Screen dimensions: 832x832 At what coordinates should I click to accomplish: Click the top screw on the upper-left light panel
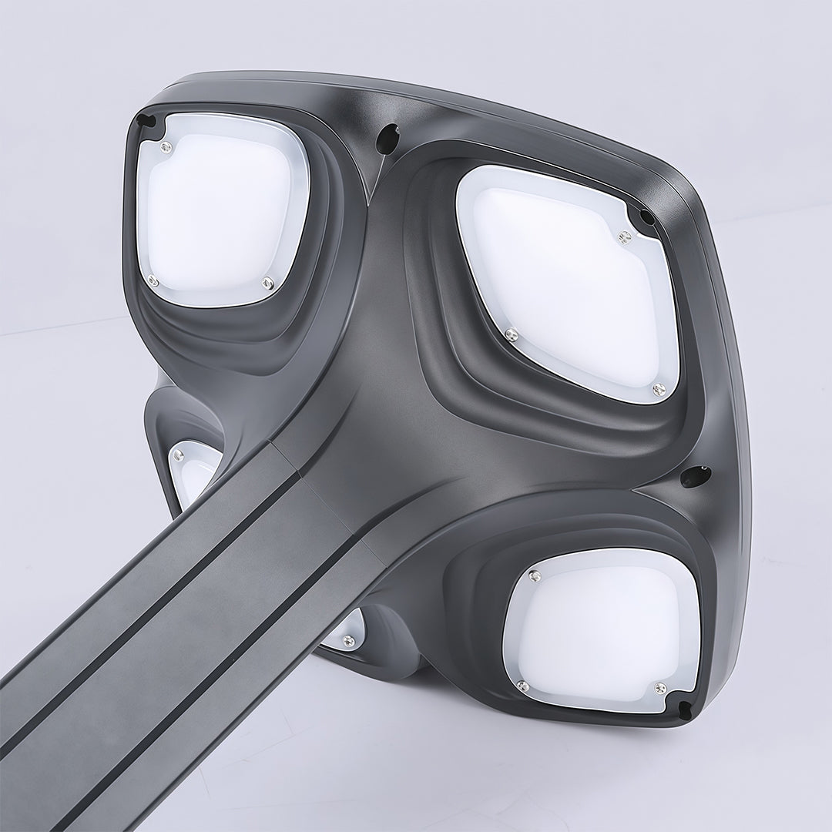point(165,146)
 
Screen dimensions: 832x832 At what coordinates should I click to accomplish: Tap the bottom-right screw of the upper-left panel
point(268,283)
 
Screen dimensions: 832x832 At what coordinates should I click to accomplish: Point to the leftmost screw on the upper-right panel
point(510,334)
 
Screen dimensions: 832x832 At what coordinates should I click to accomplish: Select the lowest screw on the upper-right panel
point(659,390)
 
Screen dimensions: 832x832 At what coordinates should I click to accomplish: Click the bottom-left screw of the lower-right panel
point(522,686)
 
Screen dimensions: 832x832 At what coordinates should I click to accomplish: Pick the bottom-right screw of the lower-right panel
point(659,686)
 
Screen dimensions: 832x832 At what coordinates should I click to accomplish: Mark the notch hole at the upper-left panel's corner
point(144,121)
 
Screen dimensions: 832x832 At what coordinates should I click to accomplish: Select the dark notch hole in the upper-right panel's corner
point(646,216)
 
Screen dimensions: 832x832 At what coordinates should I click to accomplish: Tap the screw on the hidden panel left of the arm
point(178,457)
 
